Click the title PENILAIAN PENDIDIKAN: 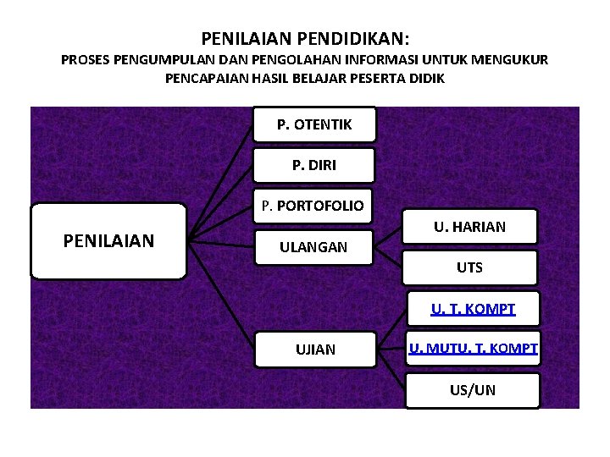(305, 39)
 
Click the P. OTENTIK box (314, 125)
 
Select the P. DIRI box (313, 165)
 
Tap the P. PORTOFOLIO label (313, 206)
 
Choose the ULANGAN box (313, 247)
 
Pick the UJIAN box (314, 349)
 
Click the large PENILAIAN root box (108, 241)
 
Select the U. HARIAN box (469, 227)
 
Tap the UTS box (469, 267)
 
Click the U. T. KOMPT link (473, 309)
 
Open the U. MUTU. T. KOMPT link (473, 348)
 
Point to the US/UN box (473, 390)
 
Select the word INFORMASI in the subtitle (396, 60)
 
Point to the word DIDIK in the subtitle (425, 78)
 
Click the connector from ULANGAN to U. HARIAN (389, 237)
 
